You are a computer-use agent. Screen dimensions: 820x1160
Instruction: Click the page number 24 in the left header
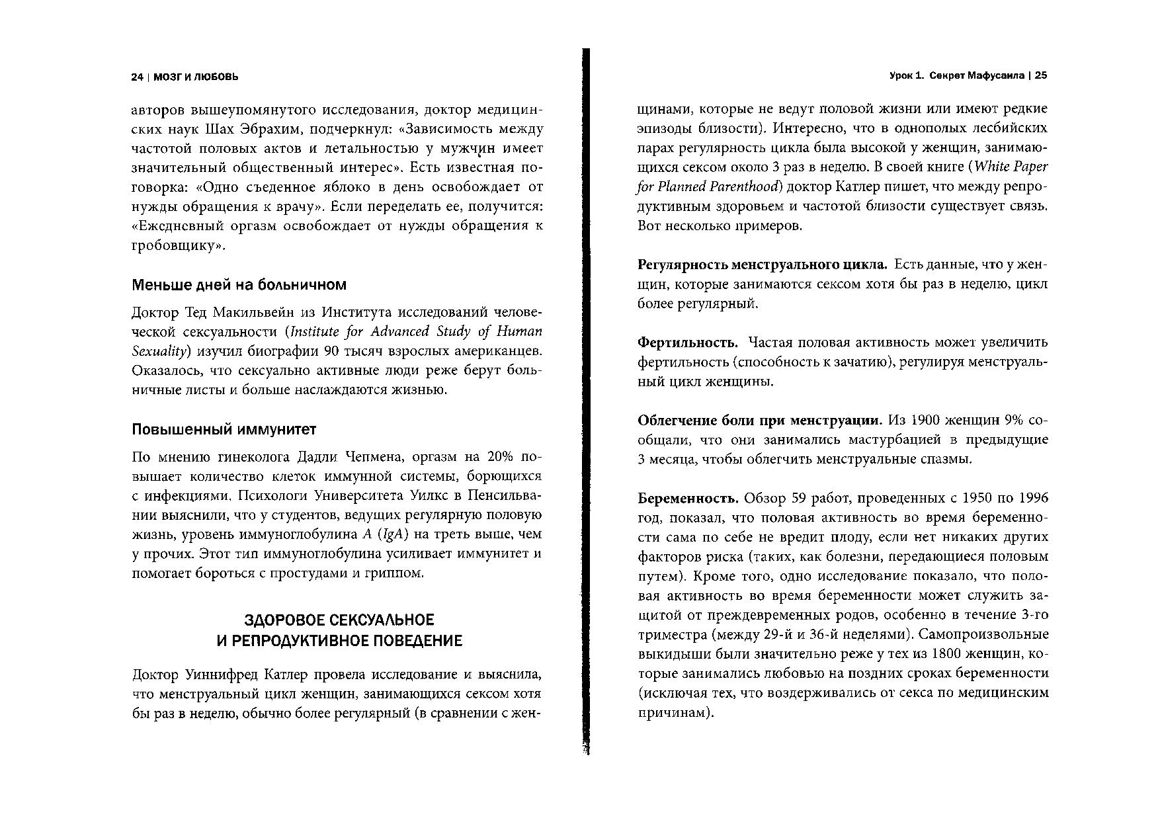coord(138,77)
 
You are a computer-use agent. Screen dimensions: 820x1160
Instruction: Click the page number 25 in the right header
coord(1041,76)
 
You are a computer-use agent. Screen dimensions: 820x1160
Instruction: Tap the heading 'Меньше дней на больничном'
coord(239,285)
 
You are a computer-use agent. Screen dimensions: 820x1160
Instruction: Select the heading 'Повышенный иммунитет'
coord(224,430)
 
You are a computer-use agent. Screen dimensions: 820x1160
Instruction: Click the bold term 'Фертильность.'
coord(687,343)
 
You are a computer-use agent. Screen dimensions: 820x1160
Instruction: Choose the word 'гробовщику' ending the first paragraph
coord(175,246)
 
